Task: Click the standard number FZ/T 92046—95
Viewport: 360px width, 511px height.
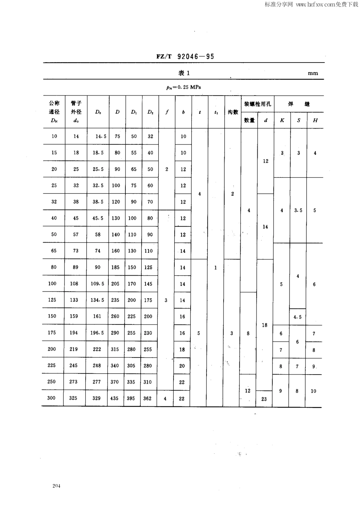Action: click(185, 56)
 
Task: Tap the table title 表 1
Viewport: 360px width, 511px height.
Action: click(184, 73)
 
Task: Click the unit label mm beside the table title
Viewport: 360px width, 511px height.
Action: click(313, 74)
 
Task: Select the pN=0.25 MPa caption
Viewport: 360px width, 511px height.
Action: click(183, 87)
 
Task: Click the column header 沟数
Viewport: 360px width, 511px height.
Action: click(233, 112)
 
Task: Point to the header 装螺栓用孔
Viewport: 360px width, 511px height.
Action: click(257, 104)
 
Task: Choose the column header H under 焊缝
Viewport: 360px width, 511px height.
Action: click(315, 121)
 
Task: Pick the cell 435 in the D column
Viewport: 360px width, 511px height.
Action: click(114, 398)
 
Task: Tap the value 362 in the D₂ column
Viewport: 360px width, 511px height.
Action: click(147, 398)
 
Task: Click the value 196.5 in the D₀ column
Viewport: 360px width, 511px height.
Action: click(97, 333)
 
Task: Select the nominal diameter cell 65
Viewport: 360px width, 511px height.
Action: click(54, 251)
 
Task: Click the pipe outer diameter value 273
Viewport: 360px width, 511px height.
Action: click(73, 382)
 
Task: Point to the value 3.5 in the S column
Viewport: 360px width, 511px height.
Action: click(298, 210)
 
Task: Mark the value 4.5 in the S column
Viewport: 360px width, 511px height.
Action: click(297, 317)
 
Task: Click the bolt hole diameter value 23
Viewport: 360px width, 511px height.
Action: click(264, 399)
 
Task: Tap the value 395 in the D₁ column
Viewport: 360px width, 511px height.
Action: click(131, 398)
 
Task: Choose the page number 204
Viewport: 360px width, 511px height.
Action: click(57, 486)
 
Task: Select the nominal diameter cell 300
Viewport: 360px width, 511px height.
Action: click(52, 398)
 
